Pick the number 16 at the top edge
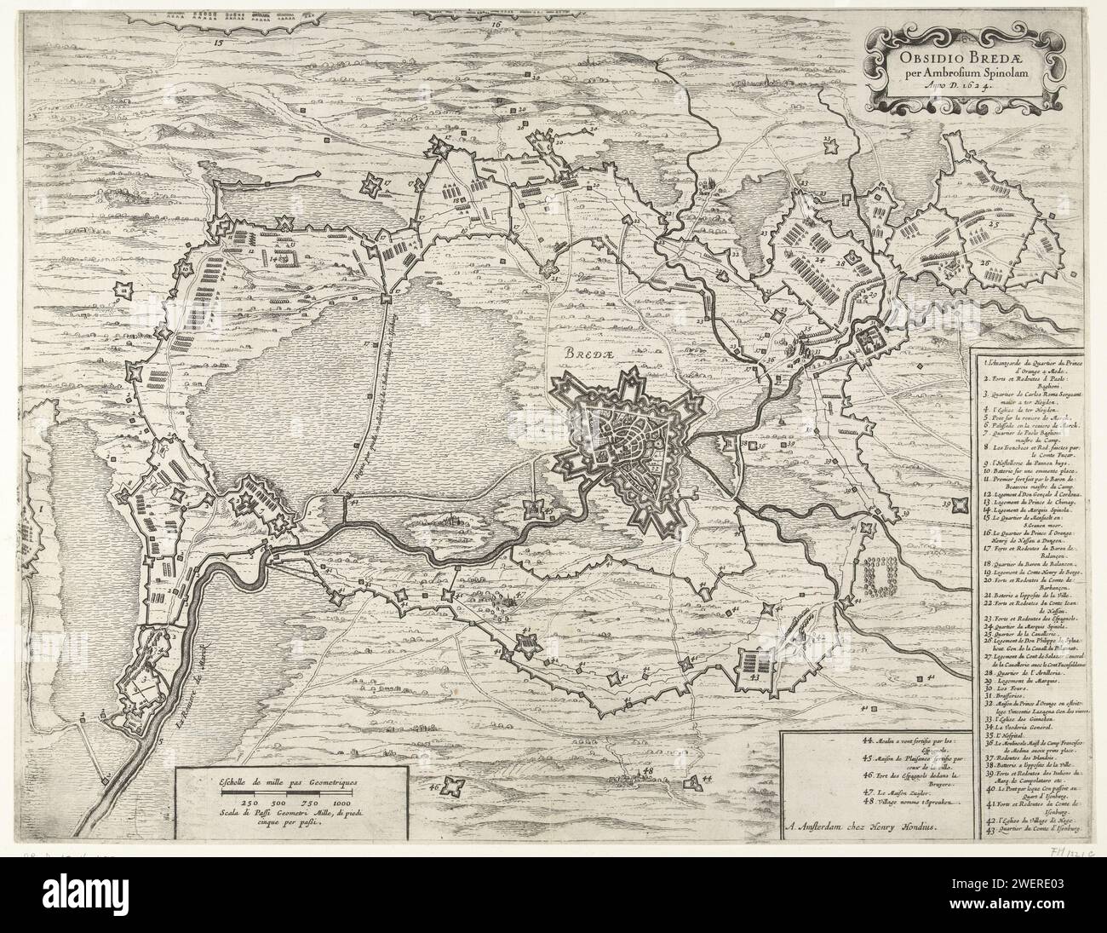tap(496, 25)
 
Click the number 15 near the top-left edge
tap(217, 41)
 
